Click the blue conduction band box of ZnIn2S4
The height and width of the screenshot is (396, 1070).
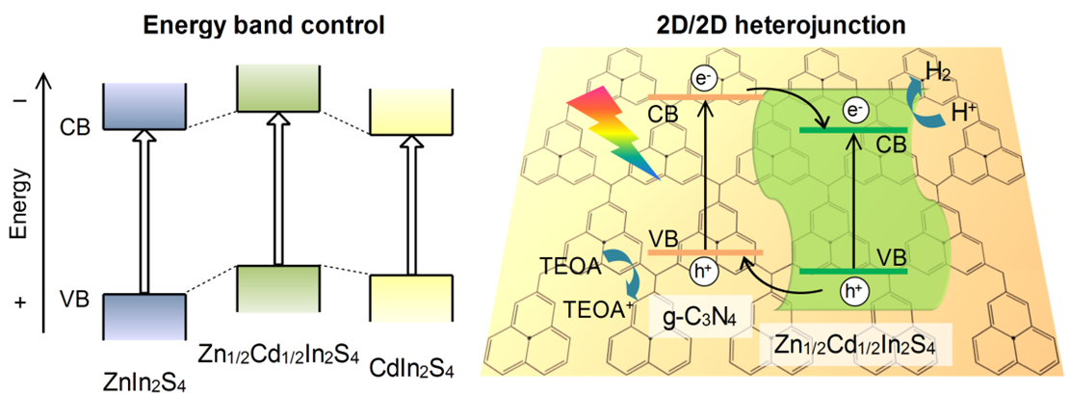click(x=143, y=105)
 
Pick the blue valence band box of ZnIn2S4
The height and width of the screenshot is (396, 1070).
click(x=143, y=316)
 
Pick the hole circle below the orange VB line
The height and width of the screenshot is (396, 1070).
click(x=705, y=273)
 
